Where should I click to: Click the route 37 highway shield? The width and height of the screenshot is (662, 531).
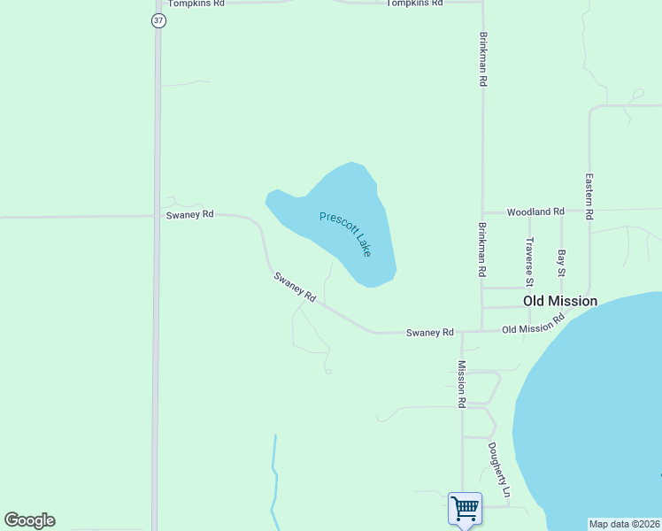158,20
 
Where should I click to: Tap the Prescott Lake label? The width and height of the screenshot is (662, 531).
345,234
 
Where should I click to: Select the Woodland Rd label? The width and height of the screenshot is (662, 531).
535,212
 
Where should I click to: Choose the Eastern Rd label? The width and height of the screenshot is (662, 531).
589,196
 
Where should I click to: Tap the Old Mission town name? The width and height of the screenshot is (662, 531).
559,301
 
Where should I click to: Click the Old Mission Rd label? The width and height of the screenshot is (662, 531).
533,324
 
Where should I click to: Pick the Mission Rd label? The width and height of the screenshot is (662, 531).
461,384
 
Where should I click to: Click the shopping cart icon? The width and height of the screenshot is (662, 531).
465,508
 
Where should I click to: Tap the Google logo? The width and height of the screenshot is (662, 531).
29,519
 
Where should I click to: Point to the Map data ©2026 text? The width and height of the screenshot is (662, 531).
624,524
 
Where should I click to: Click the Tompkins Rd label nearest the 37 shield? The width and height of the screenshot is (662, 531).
196,4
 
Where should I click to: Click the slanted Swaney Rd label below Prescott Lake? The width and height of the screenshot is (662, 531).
295,288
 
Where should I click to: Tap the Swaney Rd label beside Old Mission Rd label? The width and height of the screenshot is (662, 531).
429,333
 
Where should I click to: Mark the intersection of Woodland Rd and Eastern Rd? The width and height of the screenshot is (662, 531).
589,212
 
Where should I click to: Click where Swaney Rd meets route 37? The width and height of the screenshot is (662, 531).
158,215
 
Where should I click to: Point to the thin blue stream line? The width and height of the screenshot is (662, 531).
275,478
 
